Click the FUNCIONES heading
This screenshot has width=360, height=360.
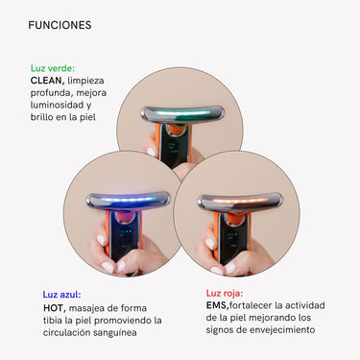click(x=60, y=25)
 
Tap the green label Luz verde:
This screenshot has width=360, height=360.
click(x=53, y=68)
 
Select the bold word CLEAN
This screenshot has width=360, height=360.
click(x=47, y=81)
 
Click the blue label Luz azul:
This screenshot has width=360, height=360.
click(x=61, y=295)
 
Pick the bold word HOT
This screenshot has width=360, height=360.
click(x=55, y=308)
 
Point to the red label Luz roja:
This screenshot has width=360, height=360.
click(x=225, y=293)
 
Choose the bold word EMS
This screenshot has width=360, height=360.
click(x=217, y=305)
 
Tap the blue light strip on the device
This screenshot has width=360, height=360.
click(x=128, y=200)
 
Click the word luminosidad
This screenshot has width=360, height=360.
click(x=58, y=105)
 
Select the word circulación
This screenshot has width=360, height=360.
click(x=67, y=333)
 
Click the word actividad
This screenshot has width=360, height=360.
click(x=305, y=305)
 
